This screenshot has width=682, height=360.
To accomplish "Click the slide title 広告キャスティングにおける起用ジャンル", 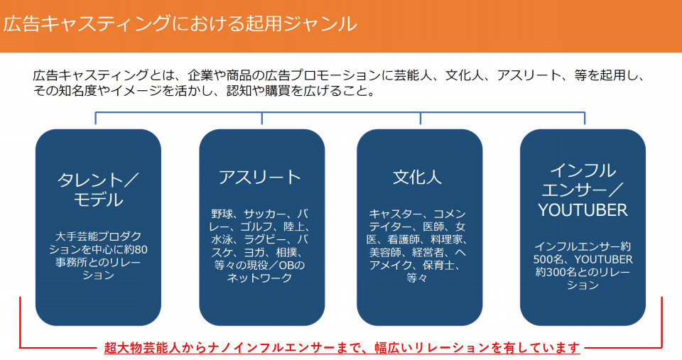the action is [x=180, y=23].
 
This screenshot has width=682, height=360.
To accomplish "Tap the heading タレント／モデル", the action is [x=98, y=190].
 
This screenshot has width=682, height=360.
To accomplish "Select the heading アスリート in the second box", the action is [x=260, y=178].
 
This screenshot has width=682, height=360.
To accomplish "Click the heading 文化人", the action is [x=417, y=178].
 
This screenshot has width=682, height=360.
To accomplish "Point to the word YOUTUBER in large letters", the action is [x=583, y=210].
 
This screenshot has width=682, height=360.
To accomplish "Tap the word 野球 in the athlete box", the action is [x=222, y=214].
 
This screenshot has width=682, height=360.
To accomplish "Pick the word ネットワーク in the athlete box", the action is [x=260, y=278].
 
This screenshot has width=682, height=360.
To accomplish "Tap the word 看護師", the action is [x=404, y=239].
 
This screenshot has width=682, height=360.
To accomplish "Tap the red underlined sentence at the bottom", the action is [x=342, y=348].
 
